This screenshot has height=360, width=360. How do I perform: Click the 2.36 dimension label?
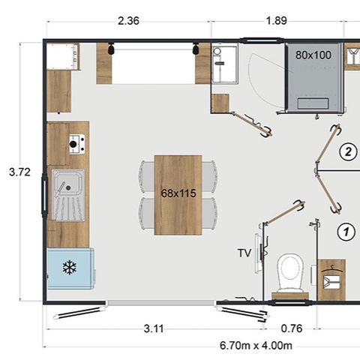pos(128,21)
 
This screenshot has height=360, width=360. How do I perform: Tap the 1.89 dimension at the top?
pos(276,21)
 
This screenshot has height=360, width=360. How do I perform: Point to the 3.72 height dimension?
pos(19,172)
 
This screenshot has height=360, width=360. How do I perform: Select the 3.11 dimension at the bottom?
pos(154,328)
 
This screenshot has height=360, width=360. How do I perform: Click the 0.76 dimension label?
pos(292,328)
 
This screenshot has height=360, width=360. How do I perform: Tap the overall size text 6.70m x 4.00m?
pos(256,346)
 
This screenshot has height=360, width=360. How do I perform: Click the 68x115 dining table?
pos(178,195)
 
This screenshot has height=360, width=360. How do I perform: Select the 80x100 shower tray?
pos(314,77)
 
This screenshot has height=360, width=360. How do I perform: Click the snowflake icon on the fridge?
pos(70,267)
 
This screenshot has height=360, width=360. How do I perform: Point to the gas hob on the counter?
pos(76,144)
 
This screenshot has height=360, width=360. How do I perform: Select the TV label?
pos(244,253)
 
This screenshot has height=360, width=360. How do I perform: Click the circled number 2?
pos(348,151)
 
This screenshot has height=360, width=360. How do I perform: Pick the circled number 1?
pos(346,232)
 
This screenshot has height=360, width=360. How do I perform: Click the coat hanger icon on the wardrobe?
pos(331,269)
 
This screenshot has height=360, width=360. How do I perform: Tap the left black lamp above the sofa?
pos(111,49)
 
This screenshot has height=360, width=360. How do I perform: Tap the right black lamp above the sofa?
pos(196,49)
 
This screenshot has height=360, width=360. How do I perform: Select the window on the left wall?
pos(44,194)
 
